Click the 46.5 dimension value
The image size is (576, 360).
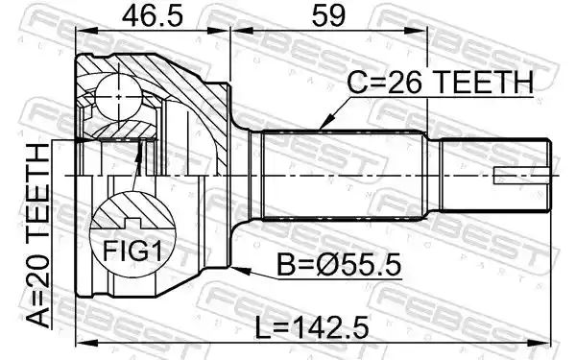[152, 15]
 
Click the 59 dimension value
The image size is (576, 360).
[328, 15]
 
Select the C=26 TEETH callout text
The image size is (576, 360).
[440, 82]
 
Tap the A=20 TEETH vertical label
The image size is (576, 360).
[38, 236]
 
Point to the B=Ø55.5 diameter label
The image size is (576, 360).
[339, 265]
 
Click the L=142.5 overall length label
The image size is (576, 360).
[312, 328]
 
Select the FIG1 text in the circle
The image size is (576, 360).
[132, 251]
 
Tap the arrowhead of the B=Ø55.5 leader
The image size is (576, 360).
[241, 271]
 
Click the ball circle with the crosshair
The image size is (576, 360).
[118, 97]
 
